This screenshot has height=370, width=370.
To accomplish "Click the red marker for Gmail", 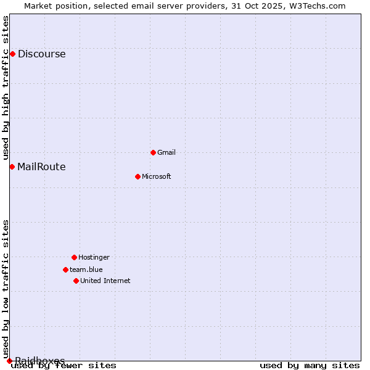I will click(x=153, y=152).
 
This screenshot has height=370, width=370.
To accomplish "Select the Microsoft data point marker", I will click(x=138, y=176).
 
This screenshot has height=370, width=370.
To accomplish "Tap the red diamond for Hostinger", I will click(x=74, y=257).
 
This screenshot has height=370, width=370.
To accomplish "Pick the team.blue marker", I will click(x=65, y=269).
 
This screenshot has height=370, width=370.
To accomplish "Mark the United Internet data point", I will click(x=76, y=281).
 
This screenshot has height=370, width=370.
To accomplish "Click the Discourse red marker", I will click(x=12, y=54).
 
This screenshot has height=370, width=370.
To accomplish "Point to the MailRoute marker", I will click(x=12, y=166).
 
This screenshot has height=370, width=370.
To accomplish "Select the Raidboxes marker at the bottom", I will click(x=9, y=361).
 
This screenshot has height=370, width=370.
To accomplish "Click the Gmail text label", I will click(x=166, y=152).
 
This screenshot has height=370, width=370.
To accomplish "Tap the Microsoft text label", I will click(x=157, y=176).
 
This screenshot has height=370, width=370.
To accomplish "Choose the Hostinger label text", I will click(x=94, y=257).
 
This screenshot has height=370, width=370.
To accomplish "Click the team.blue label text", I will click(x=86, y=269).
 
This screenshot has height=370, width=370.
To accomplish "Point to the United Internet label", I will click(x=105, y=281).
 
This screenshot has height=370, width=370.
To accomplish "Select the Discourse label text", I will click(x=41, y=54).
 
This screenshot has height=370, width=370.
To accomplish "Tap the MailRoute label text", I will click(x=41, y=166).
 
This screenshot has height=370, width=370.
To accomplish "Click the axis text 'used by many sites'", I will click(x=310, y=366).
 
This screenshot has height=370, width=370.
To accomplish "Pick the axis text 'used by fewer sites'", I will click(x=64, y=366).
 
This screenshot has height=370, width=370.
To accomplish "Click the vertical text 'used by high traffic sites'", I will click(x=6, y=88).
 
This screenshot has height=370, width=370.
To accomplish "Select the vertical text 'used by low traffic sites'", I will click(x=6, y=289).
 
